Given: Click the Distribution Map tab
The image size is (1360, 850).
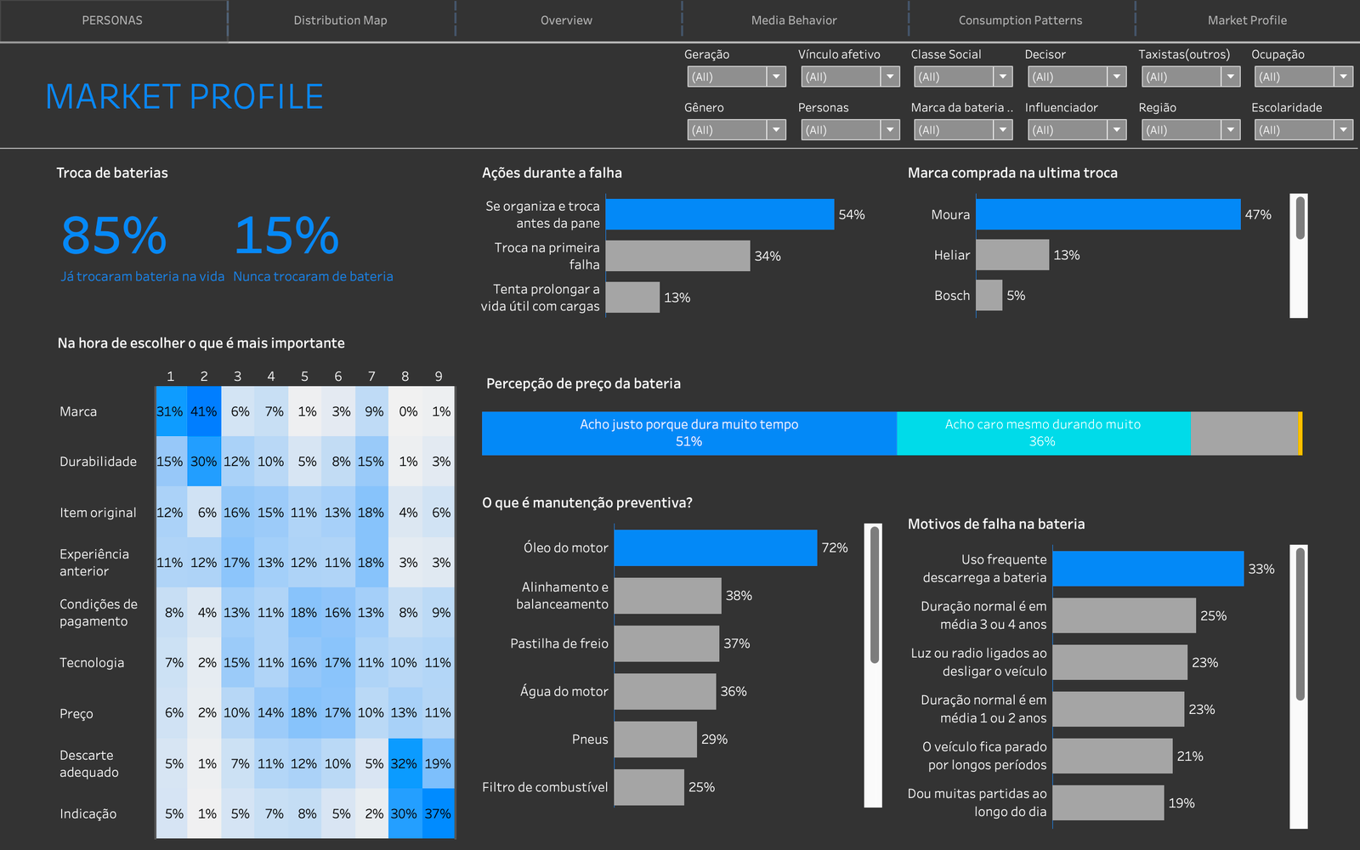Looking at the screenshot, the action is pos(340,20).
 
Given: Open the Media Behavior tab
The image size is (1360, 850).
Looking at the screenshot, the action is pos(794,20).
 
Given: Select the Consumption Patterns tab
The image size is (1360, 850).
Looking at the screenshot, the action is pos(1020,20).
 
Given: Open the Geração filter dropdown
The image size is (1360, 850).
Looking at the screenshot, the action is pos(736,77).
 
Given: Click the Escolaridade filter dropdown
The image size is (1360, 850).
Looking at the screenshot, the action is pos(1304,130).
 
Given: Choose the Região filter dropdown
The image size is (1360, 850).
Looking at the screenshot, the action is pos(1191,130).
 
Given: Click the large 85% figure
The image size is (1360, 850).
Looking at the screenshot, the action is pos(114,235).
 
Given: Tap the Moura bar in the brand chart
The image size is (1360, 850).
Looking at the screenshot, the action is pos(1108,214).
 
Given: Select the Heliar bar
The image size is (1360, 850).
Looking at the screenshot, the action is pos(1012,255).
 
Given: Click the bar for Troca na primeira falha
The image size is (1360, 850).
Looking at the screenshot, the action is pos(677,256).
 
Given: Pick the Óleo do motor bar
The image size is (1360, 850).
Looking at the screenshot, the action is pos(715,547).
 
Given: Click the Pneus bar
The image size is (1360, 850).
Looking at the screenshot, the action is pos(655,739).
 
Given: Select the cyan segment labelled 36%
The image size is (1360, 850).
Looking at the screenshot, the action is pos(1044,433).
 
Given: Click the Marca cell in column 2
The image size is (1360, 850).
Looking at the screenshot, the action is pos(204,411).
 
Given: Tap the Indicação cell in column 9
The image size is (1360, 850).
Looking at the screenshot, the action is pos(438,813).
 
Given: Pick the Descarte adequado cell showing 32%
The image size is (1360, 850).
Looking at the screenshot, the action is pos(405,763).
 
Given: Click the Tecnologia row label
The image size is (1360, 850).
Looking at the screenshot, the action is pos(92,662).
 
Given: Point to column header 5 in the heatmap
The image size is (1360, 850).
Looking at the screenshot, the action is pos(305,377).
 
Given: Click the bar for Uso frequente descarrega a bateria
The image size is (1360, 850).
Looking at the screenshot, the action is pos(1147,569).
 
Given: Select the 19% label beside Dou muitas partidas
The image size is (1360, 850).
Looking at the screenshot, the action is pos(1181,802).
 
